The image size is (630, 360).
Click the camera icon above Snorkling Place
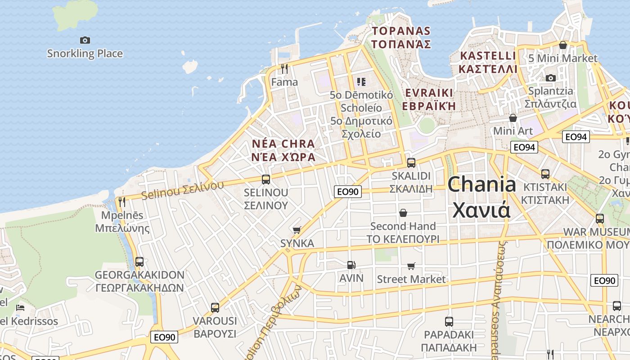85,40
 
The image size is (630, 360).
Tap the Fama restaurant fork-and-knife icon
284,68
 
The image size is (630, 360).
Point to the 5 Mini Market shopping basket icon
562,45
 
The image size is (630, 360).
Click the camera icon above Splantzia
550,78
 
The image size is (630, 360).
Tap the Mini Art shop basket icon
513,118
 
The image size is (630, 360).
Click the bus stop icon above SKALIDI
411,163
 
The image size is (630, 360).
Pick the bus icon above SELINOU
265,180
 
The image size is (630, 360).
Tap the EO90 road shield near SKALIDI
348,192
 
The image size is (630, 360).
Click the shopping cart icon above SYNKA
297,230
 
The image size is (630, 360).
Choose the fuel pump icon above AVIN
351,265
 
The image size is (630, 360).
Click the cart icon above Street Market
411,266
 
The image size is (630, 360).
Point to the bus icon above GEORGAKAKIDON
139,262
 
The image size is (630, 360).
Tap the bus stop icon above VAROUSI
215,308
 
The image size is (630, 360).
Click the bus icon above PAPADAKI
449,322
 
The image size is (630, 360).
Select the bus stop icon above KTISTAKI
545,174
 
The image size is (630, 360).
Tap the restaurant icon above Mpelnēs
122,202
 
